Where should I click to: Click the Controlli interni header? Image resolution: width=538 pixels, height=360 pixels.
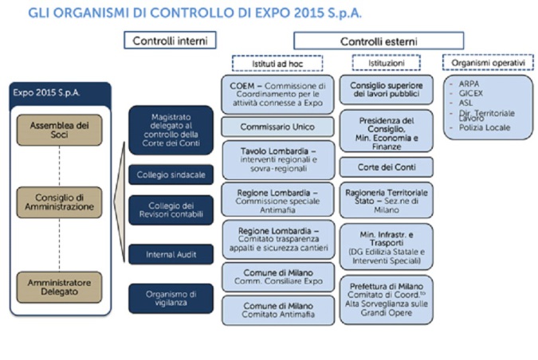tap(170, 41)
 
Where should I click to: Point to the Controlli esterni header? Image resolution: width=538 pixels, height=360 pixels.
tap(379, 41)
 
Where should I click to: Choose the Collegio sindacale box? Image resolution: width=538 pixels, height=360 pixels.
tap(171, 174)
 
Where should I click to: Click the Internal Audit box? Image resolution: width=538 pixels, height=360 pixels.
tap(171, 254)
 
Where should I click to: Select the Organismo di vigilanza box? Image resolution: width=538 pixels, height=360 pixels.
tap(171, 299)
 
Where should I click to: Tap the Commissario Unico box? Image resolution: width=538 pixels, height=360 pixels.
tap(277, 127)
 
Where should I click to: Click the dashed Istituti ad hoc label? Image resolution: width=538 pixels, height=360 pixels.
tap(277, 64)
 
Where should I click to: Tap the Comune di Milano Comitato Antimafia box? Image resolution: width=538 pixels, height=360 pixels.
tap(277, 311)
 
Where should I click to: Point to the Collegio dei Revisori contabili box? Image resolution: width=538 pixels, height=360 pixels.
tap(171, 209)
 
